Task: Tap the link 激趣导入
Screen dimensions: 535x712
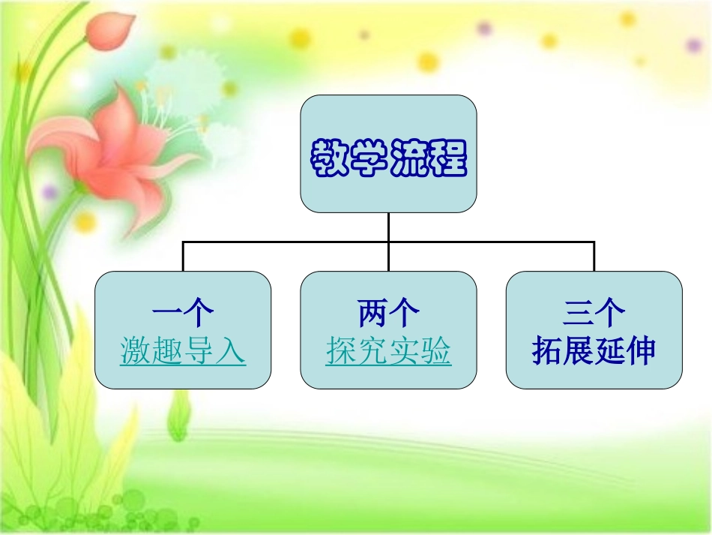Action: [x=183, y=351]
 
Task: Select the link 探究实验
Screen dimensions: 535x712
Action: [x=388, y=351]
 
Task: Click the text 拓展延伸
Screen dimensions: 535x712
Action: [x=594, y=351]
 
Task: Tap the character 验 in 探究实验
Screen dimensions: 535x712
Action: [x=435, y=351]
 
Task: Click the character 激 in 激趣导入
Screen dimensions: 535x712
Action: [x=136, y=351]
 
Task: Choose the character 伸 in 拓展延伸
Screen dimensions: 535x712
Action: [x=641, y=351]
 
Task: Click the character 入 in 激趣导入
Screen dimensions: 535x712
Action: [x=230, y=351]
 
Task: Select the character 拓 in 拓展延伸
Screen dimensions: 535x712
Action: [x=547, y=351]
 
